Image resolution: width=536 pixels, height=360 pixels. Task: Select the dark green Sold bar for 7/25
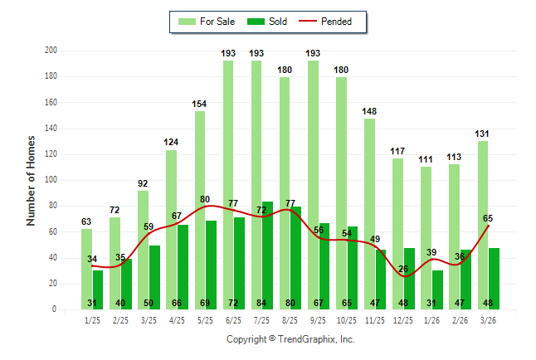268,249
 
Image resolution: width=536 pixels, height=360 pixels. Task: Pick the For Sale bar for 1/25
86,265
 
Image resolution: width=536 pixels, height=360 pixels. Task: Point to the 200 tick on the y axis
51,51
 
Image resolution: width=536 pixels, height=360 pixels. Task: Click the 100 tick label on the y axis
51,180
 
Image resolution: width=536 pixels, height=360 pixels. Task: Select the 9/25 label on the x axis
319,319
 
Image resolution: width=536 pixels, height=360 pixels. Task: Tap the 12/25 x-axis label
404,319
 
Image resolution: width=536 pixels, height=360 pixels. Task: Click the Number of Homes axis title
32,180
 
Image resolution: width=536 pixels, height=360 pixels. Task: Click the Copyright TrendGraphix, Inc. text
290,339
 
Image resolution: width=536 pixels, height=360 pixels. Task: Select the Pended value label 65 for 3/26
488,218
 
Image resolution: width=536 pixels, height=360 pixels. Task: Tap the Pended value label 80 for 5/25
205,199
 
